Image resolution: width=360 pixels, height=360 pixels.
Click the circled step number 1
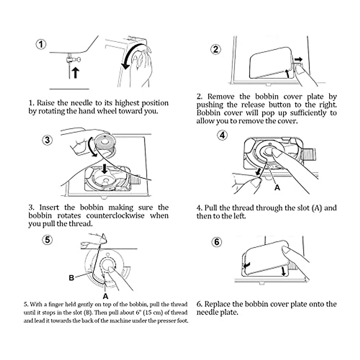(41, 44)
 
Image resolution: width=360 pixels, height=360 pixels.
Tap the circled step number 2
(216, 49)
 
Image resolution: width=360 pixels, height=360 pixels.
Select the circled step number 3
(47, 140)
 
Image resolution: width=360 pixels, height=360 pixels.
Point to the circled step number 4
(222, 135)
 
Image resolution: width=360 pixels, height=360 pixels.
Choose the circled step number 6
(217, 242)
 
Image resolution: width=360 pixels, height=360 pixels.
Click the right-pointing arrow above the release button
(298, 59)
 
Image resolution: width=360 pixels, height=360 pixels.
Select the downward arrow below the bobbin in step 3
(104, 168)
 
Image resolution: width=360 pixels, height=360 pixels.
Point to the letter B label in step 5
(71, 278)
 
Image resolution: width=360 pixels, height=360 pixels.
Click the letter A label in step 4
(277, 188)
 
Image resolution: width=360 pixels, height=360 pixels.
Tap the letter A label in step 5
(105, 296)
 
